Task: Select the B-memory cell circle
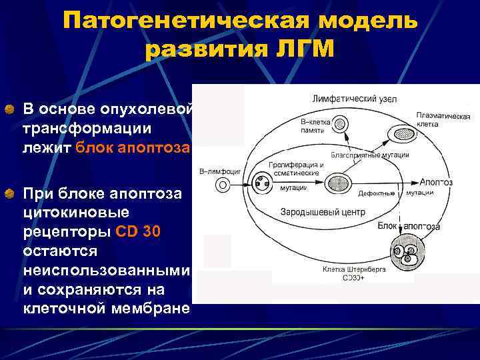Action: pyautogui.click(x=341, y=124)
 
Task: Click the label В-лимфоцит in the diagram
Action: pyautogui.click(x=220, y=172)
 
